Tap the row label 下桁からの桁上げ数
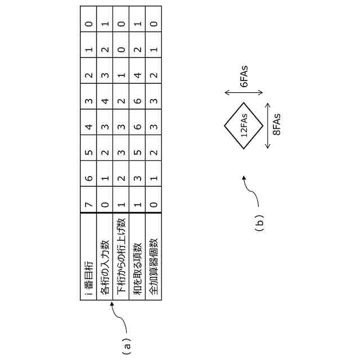(x=121, y=255)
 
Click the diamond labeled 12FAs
(x=244, y=126)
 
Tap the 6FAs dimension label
(x=244, y=76)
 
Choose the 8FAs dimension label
(x=277, y=126)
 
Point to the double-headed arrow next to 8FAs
(x=267, y=126)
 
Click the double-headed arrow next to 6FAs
(x=244, y=93)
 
